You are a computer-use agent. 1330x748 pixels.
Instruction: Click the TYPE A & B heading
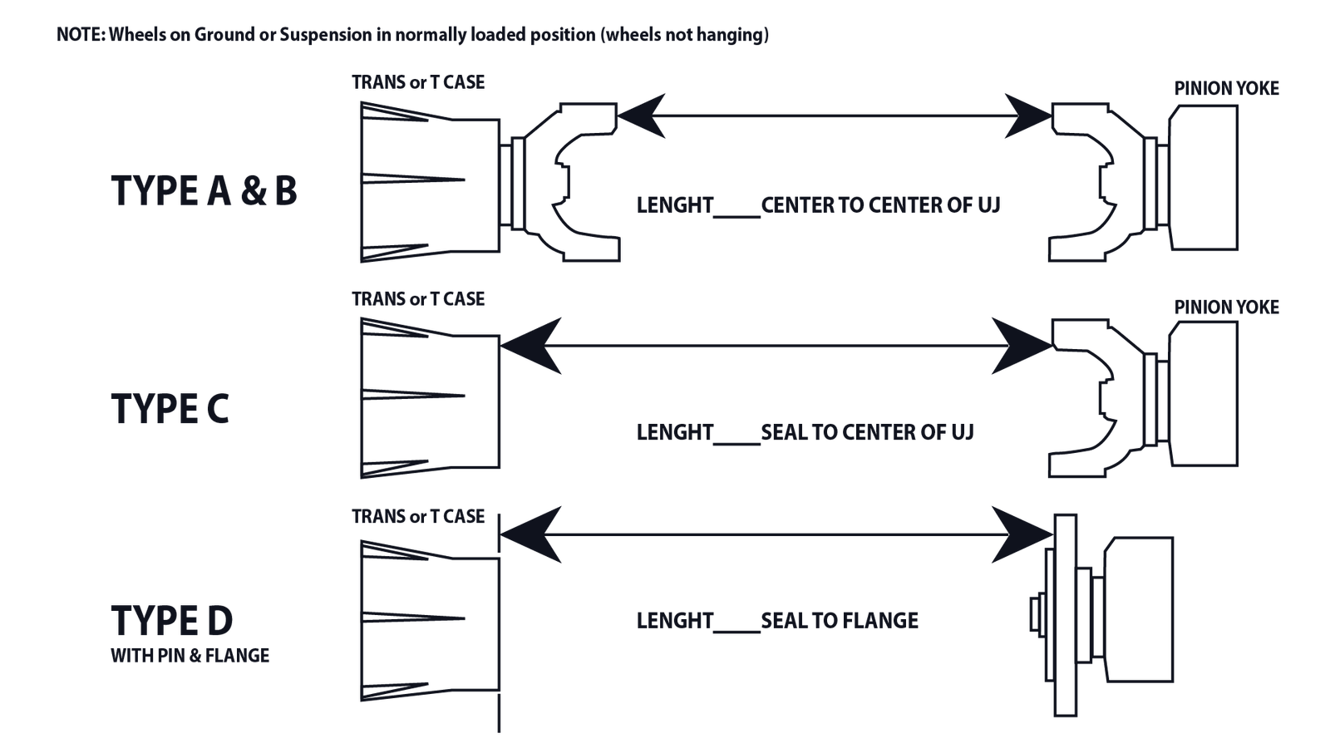pyautogui.click(x=204, y=191)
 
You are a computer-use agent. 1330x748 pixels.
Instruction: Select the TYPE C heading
pyautogui.click(x=170, y=409)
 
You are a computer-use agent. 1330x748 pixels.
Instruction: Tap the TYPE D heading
pyautogui.click(x=171, y=620)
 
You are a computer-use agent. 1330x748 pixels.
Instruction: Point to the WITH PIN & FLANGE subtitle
pyautogui.click(x=190, y=656)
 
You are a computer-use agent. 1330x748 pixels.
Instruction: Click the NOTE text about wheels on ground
pyautogui.click(x=412, y=34)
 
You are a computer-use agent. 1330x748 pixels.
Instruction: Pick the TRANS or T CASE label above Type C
pyautogui.click(x=418, y=298)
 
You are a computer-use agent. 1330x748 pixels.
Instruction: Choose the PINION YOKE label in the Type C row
pyautogui.click(x=1227, y=307)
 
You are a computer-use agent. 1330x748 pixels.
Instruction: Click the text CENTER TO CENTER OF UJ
pyautogui.click(x=880, y=205)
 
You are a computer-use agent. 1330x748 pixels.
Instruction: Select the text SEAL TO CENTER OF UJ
pyautogui.click(x=868, y=432)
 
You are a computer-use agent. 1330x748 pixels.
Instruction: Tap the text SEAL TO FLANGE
pyautogui.click(x=840, y=621)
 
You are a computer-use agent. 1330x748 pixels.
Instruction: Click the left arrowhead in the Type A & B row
pyautogui.click(x=641, y=116)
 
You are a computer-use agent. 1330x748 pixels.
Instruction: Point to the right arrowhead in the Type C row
pyautogui.click(x=1022, y=346)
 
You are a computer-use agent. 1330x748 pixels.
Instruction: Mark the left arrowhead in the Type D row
pyautogui.click(x=531, y=534)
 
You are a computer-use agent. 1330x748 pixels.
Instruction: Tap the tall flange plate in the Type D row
pyautogui.click(x=1066, y=615)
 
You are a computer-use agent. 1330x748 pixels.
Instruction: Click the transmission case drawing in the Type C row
pyautogui.click(x=431, y=398)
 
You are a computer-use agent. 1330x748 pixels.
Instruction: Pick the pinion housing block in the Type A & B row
pyautogui.click(x=1204, y=178)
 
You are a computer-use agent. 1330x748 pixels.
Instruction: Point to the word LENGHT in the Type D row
pyautogui.click(x=674, y=621)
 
